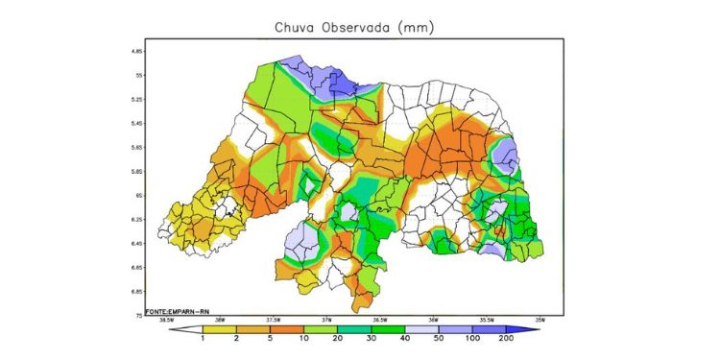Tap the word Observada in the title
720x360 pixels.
coord(354,27)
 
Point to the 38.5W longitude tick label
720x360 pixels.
coord(166,320)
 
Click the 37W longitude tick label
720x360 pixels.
coord(326,320)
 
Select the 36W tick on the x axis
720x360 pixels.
coord(433,320)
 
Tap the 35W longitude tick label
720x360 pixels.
coord(540,320)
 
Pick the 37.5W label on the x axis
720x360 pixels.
coord(273,320)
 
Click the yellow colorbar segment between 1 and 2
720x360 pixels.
coord(218,329)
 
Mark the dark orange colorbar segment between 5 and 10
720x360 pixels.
coord(285,329)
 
